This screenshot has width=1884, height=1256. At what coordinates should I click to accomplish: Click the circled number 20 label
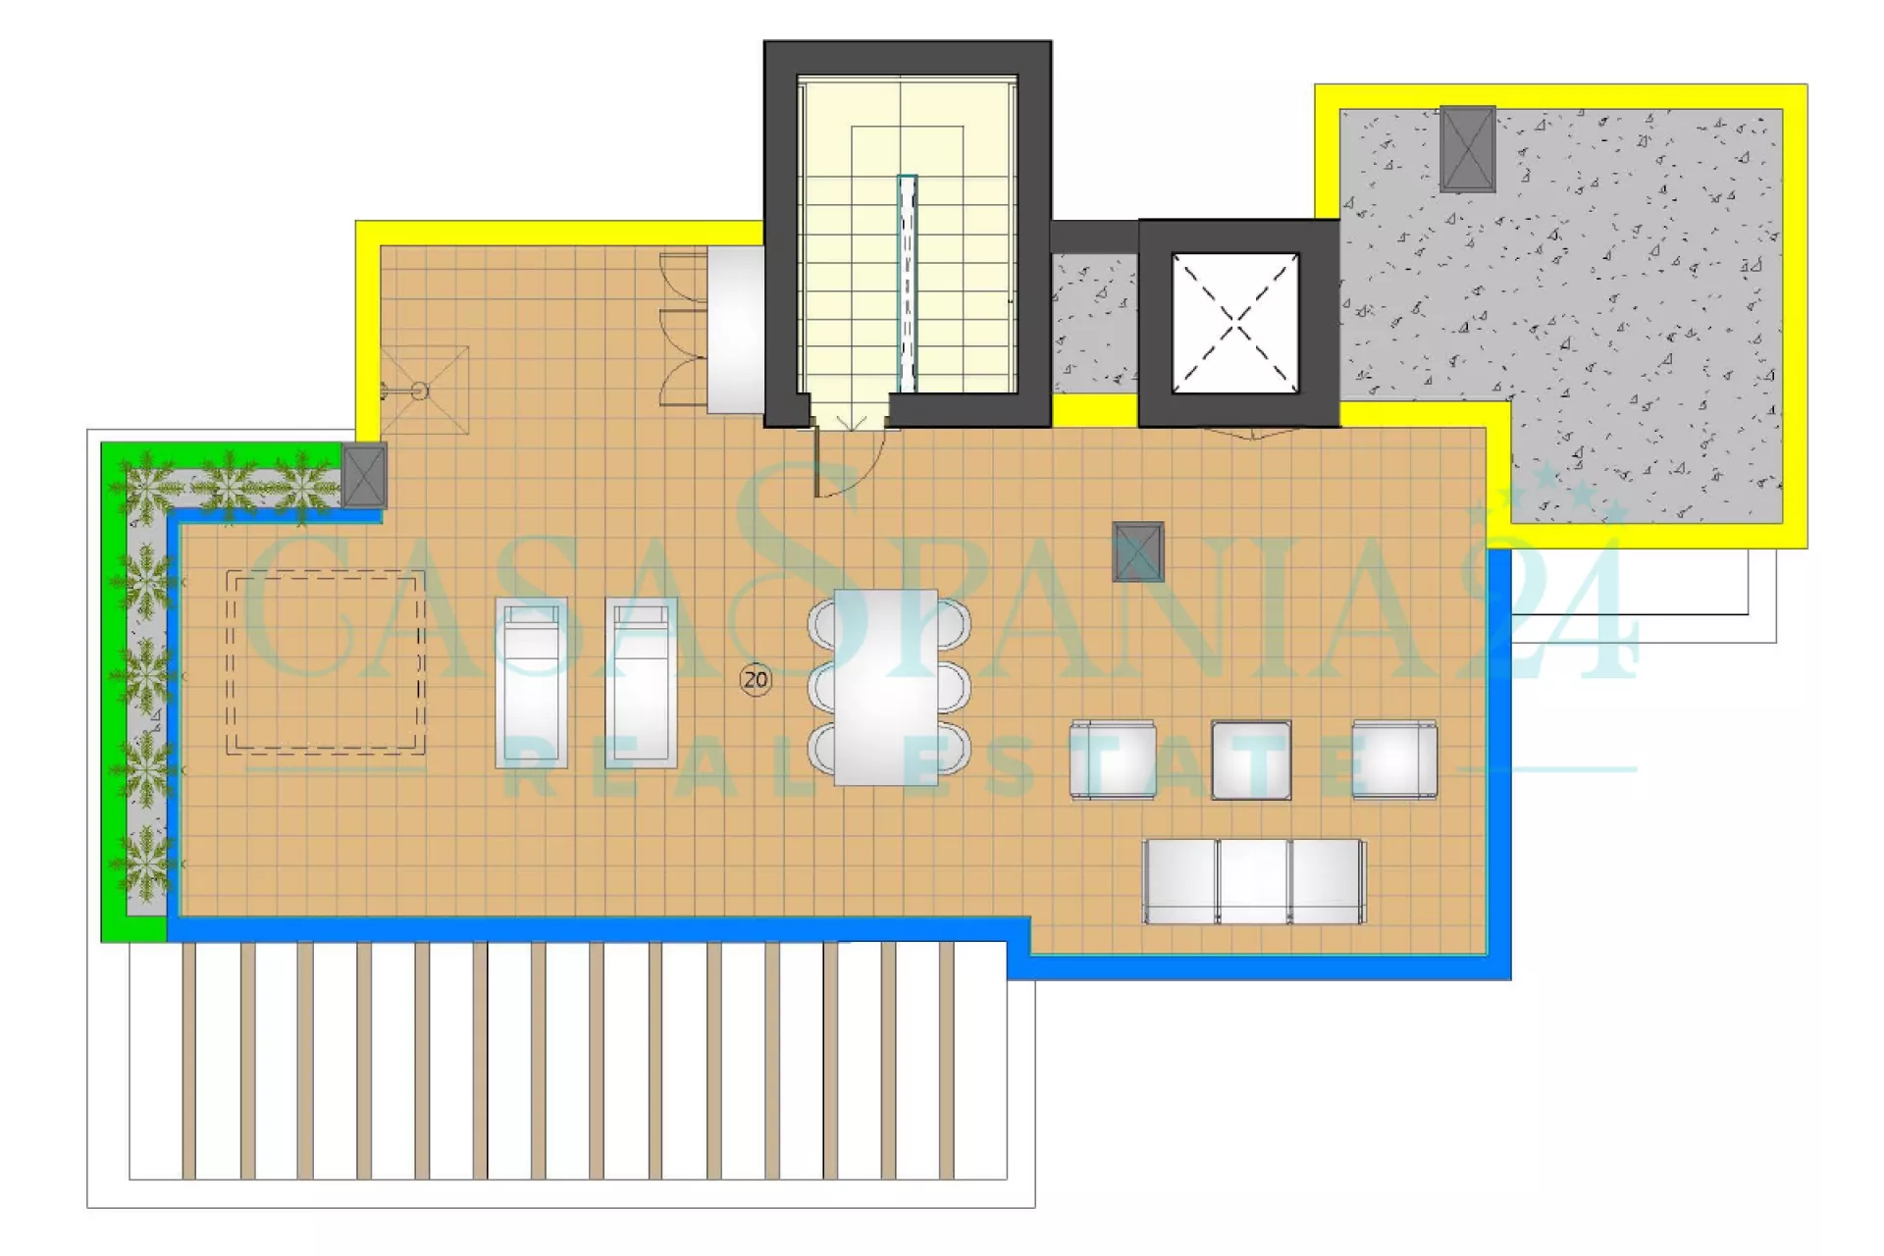[756, 679]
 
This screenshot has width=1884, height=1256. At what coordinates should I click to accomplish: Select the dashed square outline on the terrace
[326, 663]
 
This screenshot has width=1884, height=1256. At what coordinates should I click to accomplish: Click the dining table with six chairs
[888, 686]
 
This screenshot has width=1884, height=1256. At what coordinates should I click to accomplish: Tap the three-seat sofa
[1254, 881]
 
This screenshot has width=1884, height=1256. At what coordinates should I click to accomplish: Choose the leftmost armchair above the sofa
[1113, 759]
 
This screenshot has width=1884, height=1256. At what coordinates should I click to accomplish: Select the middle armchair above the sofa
[1251, 759]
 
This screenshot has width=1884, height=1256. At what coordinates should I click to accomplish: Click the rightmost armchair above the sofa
[1394, 759]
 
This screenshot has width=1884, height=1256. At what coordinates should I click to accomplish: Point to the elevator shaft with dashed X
[1236, 323]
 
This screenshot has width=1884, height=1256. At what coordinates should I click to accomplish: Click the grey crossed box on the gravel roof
[1468, 149]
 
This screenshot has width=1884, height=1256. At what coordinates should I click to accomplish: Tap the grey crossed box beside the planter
[364, 476]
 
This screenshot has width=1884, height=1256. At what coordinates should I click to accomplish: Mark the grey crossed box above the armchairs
[1138, 551]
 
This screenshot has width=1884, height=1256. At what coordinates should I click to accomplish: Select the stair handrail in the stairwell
[907, 284]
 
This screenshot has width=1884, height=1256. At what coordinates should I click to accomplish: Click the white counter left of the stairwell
[736, 329]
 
